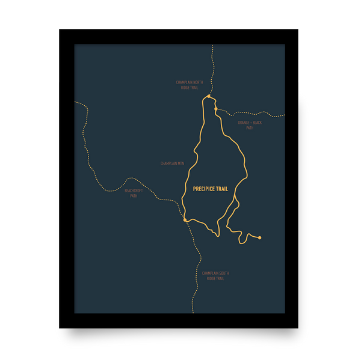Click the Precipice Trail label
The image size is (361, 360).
coord(211,189)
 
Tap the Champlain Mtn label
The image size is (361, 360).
coord(171,163)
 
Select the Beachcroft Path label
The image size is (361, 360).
coord(134,193)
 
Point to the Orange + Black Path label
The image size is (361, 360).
coord(250,125)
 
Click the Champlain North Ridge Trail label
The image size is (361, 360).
coord(190,85)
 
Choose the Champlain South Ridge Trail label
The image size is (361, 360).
coord(215,276)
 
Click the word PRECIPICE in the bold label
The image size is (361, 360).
coord(203,189)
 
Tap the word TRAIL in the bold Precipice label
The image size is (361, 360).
coord(222,189)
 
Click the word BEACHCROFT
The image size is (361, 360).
coord(134,191)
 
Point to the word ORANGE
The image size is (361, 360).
coord(244,123)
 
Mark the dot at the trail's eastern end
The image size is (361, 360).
coord(259,238)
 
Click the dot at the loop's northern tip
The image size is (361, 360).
coord(208,96)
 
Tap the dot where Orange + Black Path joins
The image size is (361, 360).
coord(215,109)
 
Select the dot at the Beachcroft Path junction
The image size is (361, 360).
coord(185,220)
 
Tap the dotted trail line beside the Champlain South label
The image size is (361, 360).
coord(197,276)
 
